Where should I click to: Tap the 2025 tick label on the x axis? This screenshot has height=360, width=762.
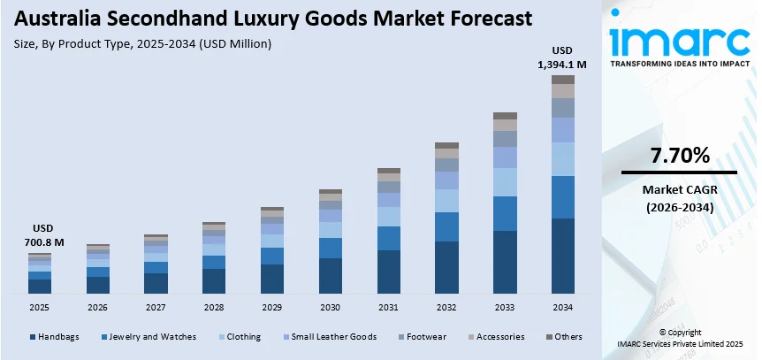[40, 306]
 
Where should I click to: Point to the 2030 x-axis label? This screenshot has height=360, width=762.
[331, 306]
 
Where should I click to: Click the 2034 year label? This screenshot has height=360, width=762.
[563, 306]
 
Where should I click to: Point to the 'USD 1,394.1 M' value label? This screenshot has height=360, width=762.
[563, 57]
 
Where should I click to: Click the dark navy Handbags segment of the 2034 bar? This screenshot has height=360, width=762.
[563, 256]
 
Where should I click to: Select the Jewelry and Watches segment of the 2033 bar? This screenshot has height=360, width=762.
[505, 213]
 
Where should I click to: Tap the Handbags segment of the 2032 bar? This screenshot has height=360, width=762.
[447, 267]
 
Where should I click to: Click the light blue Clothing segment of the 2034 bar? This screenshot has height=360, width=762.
[563, 159]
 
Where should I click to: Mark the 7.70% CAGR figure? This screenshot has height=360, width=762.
[680, 157]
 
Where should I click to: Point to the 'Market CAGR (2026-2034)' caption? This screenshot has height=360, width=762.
[680, 198]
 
